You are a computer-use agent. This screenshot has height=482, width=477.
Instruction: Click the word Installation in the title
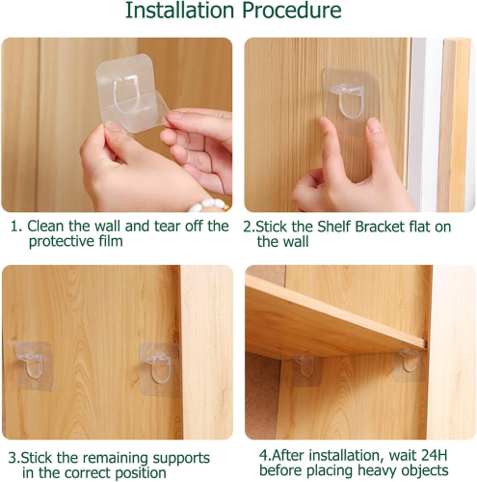click(179, 11)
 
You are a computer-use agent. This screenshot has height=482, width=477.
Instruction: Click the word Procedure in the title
click(292, 11)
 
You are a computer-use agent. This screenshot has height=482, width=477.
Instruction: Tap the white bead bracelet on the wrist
click(209, 205)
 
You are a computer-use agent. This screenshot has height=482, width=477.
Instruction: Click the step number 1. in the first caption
click(16, 227)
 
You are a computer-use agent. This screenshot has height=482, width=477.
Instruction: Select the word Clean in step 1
click(46, 226)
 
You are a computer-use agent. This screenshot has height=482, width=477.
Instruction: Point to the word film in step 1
click(108, 241)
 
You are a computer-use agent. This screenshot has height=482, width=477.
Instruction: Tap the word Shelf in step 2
click(334, 227)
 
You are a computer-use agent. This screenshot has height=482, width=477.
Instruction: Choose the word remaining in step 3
click(116, 458)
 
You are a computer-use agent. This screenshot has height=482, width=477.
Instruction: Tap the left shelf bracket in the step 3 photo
click(33, 365)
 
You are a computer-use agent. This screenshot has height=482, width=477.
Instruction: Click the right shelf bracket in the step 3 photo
click(159, 369)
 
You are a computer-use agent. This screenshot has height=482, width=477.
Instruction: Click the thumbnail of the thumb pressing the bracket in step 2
click(374, 127)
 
